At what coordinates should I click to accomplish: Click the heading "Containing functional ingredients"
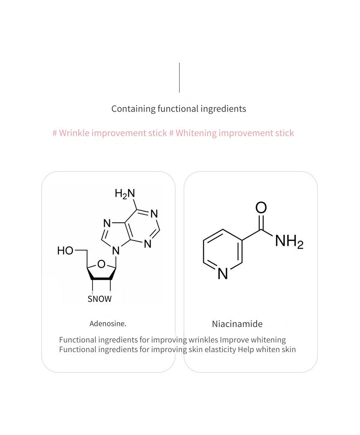pyautogui.click(x=179, y=109)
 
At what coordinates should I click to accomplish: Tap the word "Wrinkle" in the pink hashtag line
pyautogui.click(x=74, y=133)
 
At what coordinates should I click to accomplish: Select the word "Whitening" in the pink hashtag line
pyautogui.click(x=196, y=133)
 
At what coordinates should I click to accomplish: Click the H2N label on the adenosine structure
pyautogui.click(x=125, y=193)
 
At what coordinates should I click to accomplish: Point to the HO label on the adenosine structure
pyautogui.click(x=65, y=250)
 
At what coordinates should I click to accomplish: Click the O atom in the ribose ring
pyautogui.click(x=101, y=264)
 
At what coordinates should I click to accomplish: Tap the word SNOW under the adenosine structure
pyautogui.click(x=100, y=299)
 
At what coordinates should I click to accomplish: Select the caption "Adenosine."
pyautogui.click(x=108, y=324)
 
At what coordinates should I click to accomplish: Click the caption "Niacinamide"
pyautogui.click(x=237, y=324)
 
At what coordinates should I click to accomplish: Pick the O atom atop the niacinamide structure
pyautogui.click(x=261, y=208)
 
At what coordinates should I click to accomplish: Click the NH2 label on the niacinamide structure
pyautogui.click(x=289, y=241)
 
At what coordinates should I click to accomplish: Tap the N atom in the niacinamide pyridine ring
pyautogui.click(x=223, y=273)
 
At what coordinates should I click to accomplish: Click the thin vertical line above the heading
pyautogui.click(x=180, y=78)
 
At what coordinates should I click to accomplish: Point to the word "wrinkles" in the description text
pyautogui.click(x=203, y=340)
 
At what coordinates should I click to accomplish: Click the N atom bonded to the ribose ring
pyautogui.click(x=116, y=251)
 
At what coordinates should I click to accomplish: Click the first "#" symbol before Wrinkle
pyautogui.click(x=55, y=133)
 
